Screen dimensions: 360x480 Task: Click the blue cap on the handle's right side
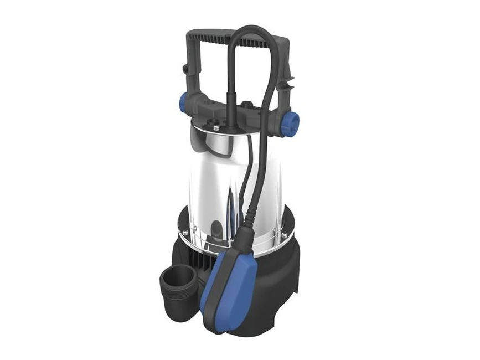click(291, 123)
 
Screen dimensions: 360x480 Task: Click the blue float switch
click(227, 282)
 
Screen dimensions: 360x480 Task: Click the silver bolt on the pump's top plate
click(216, 128)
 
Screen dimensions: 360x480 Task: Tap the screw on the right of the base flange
click(284, 235)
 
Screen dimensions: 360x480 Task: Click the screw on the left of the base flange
click(185, 232)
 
